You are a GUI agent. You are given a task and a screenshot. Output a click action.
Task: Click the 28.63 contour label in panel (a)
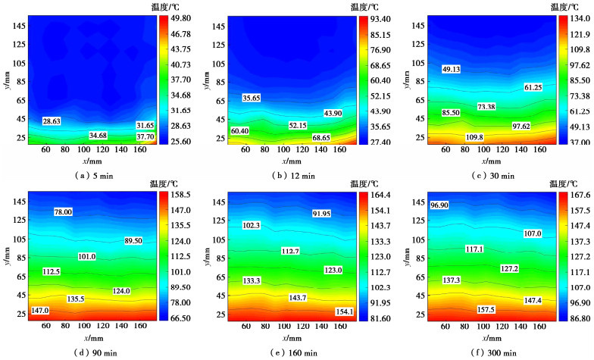[x=52, y=121]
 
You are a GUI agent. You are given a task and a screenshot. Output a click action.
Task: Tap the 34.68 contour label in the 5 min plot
[x=98, y=135]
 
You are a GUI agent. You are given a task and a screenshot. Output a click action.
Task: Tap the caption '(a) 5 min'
[x=80, y=174]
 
